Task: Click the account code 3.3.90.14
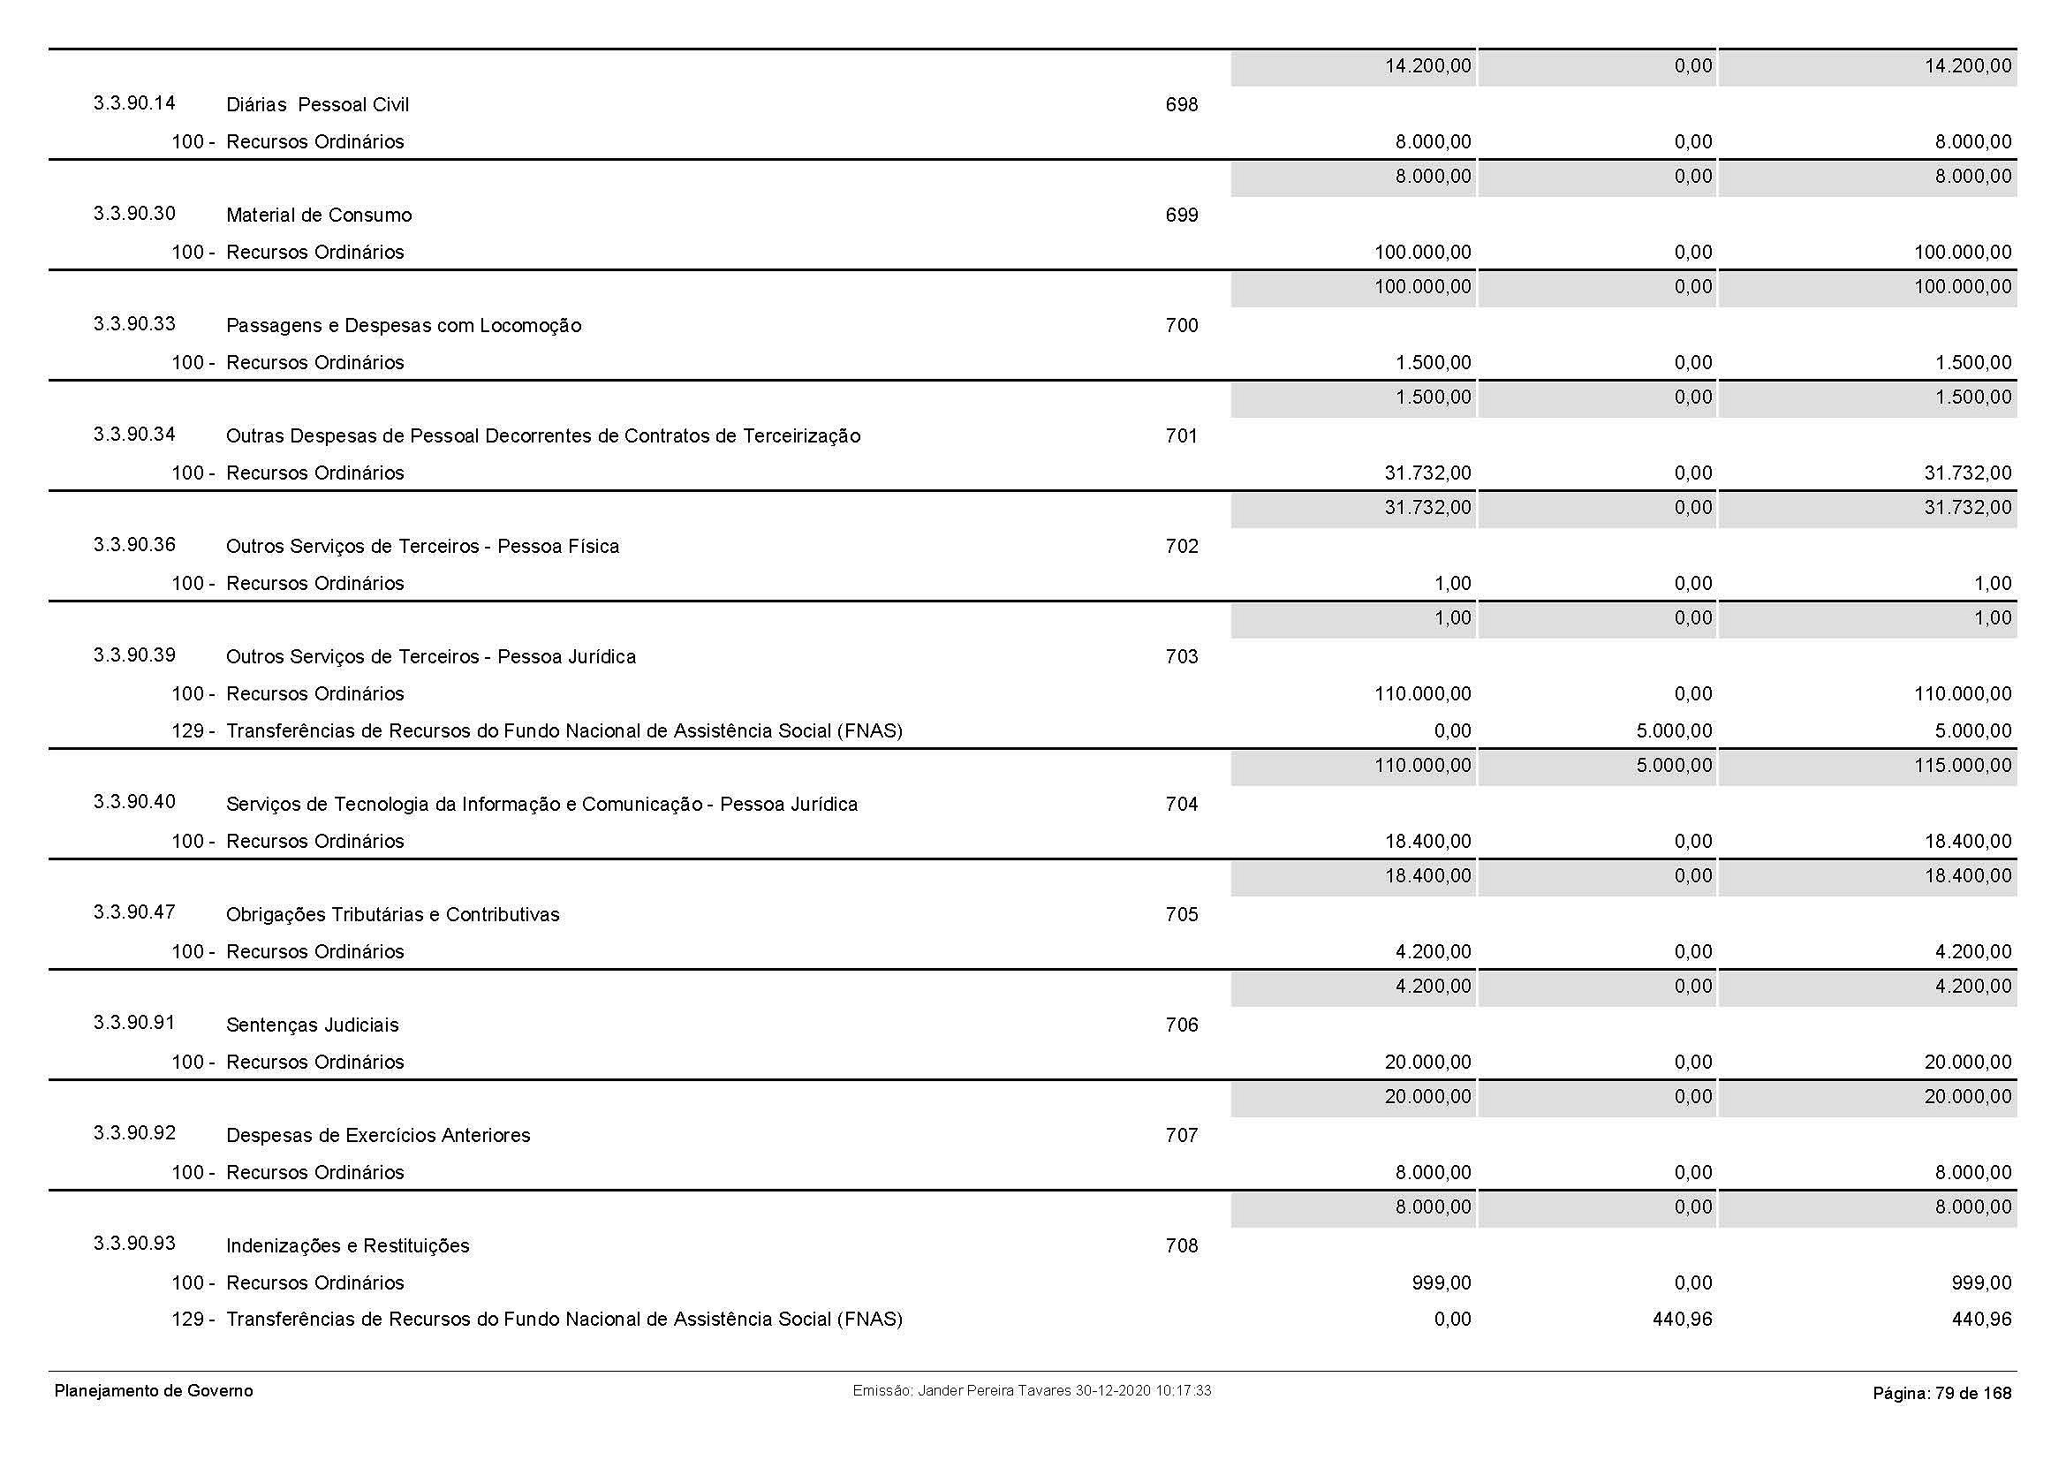pyautogui.click(x=134, y=103)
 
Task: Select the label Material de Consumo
pyautogui.click(x=319, y=215)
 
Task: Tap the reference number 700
pyautogui.click(x=1181, y=326)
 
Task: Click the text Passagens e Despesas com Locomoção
pyautogui.click(x=403, y=326)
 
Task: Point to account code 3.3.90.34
pyautogui.click(x=134, y=435)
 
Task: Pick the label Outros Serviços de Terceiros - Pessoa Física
pyautogui.click(x=422, y=546)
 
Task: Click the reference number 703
pyautogui.click(x=1181, y=656)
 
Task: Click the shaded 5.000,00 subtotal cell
pyautogui.click(x=1674, y=767)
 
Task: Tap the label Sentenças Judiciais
pyautogui.click(x=312, y=1025)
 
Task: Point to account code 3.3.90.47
pyautogui.click(x=134, y=912)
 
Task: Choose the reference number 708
pyautogui.click(x=1181, y=1246)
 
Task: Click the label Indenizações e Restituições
pyautogui.click(x=347, y=1246)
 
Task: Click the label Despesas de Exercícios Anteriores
pyautogui.click(x=378, y=1135)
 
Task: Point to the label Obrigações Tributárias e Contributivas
pyautogui.click(x=392, y=915)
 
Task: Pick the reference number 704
pyautogui.click(x=1181, y=805)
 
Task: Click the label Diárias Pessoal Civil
pyautogui.click(x=317, y=105)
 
